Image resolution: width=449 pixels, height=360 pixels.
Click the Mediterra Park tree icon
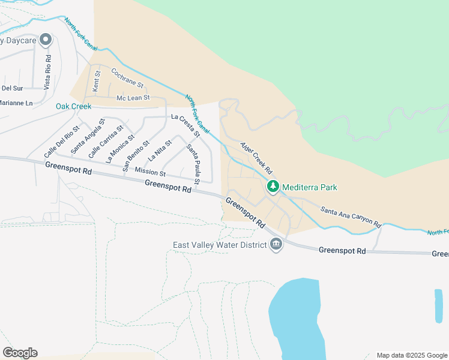(x=273, y=187)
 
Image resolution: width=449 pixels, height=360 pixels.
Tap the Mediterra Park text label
(x=310, y=187)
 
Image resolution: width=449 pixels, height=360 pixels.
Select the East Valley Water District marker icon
(x=276, y=245)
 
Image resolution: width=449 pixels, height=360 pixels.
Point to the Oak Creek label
(x=73, y=106)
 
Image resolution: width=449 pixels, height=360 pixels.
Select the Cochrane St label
(x=128, y=77)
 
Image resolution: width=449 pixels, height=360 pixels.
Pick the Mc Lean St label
(x=133, y=98)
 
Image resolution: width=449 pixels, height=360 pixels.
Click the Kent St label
(x=96, y=81)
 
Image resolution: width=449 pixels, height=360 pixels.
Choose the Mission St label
(x=150, y=172)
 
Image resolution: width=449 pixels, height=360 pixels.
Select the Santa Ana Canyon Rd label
(x=351, y=217)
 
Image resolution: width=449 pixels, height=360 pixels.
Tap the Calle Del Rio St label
(x=62, y=142)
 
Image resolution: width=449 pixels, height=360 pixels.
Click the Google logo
(x=20, y=353)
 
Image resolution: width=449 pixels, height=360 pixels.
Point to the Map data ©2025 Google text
(x=411, y=355)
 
